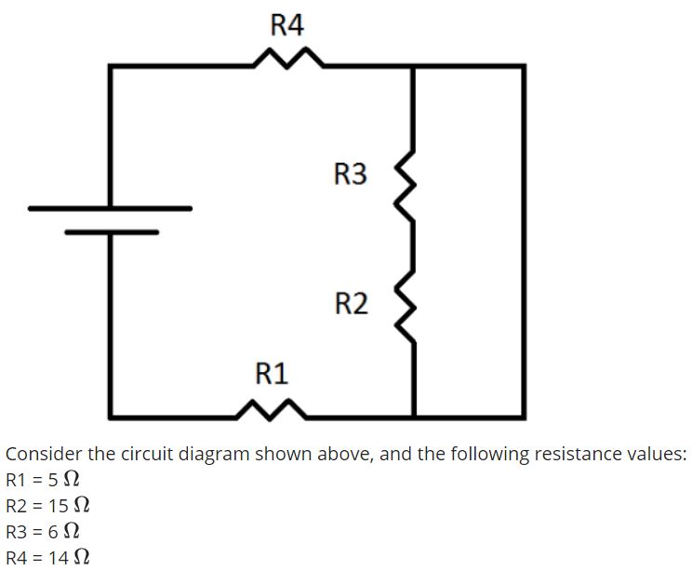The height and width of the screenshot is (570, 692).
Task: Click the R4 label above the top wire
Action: point(287,25)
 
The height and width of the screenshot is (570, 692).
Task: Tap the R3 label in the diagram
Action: point(350,173)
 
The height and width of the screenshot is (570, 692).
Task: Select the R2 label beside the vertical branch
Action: point(350,303)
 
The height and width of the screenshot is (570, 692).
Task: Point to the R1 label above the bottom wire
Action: point(272,374)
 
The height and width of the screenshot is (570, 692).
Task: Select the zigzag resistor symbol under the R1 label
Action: point(270,410)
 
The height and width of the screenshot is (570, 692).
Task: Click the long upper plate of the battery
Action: point(110,208)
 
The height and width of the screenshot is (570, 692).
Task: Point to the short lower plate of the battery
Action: point(111,232)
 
